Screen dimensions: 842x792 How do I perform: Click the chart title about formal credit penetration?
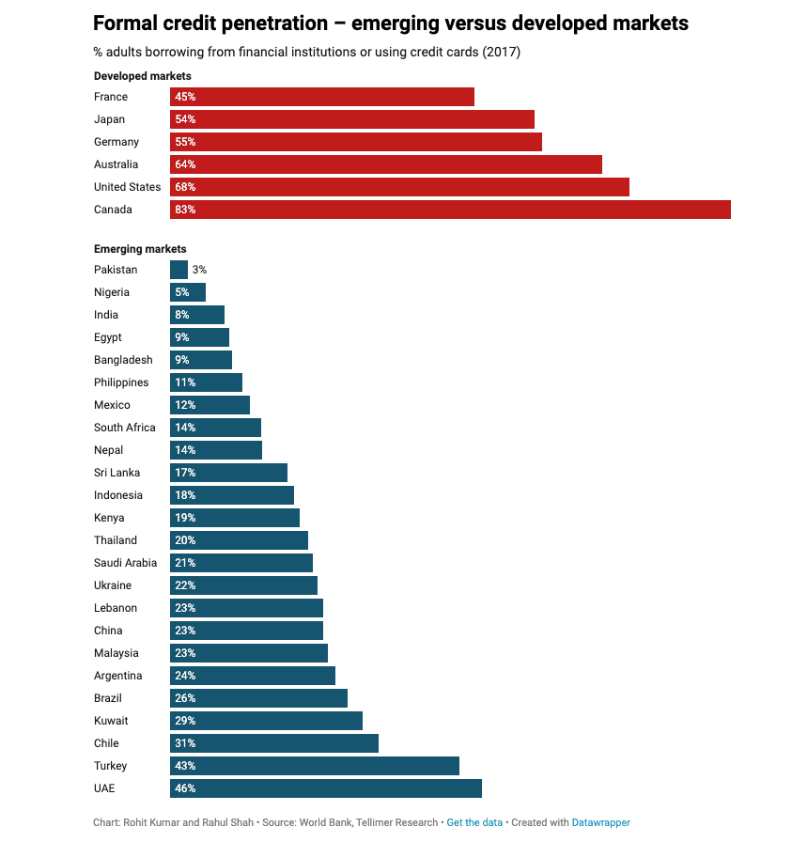coord(391,23)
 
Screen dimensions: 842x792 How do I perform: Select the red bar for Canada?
coord(450,210)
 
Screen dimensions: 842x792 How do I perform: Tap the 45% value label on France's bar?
coord(185,97)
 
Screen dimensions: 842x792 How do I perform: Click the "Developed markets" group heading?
coord(143,76)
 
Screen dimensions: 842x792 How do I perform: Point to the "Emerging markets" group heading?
coord(140,249)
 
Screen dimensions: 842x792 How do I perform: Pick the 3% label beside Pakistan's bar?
coord(199,270)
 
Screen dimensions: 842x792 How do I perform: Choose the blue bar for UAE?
coord(325,788)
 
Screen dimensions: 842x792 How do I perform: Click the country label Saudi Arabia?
coord(126,563)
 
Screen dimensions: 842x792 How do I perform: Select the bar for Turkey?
coord(314,766)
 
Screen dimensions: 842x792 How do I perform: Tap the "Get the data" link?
coord(474,822)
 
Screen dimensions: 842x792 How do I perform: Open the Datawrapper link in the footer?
coord(601,822)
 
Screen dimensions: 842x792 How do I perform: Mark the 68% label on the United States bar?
coord(185,187)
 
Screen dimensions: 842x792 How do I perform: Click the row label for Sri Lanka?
coord(116,473)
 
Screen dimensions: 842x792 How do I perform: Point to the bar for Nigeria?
coord(188,292)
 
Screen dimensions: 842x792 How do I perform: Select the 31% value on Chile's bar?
coord(185,743)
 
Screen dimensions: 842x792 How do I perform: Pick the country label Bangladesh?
coord(123,360)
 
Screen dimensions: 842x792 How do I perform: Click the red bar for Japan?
coord(351,119)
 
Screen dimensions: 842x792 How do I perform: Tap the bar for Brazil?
coord(258,698)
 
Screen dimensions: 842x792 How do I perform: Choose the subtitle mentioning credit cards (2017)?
coord(307,52)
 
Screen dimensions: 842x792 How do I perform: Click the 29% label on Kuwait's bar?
coord(185,721)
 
